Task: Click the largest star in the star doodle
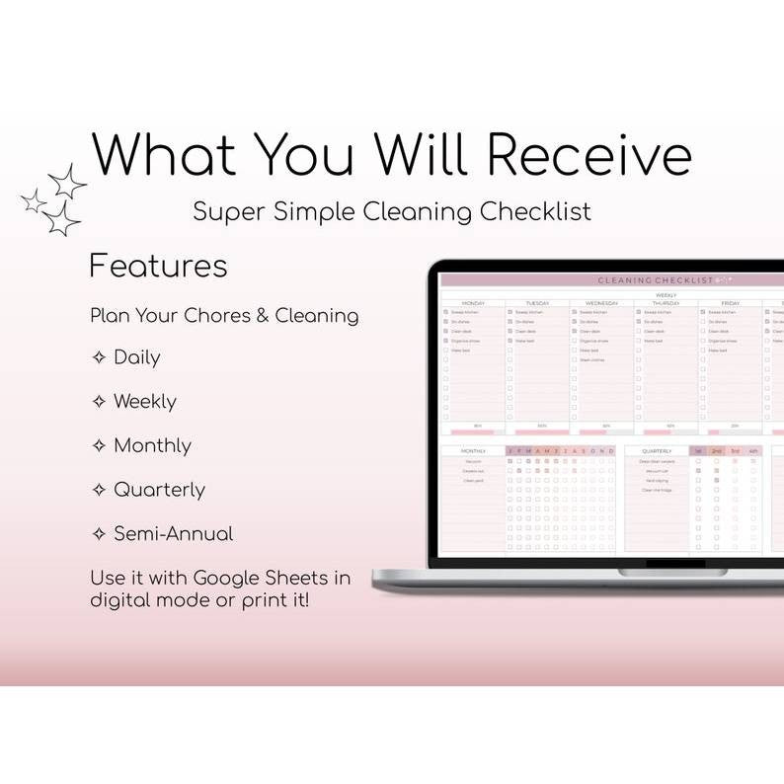tap(62, 218)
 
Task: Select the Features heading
tap(158, 266)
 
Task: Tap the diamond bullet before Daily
tap(99, 357)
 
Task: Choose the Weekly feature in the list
tap(144, 402)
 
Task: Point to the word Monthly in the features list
tap(152, 445)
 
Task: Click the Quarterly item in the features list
tap(159, 490)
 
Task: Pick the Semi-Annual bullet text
tap(173, 533)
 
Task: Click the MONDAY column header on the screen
tap(473, 303)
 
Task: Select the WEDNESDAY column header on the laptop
tap(601, 303)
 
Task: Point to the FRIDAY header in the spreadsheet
tap(730, 303)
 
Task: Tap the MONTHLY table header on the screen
tap(473, 451)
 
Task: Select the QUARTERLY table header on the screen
tap(657, 451)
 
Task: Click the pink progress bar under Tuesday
tap(542, 431)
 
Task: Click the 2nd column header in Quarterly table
tap(717, 451)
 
